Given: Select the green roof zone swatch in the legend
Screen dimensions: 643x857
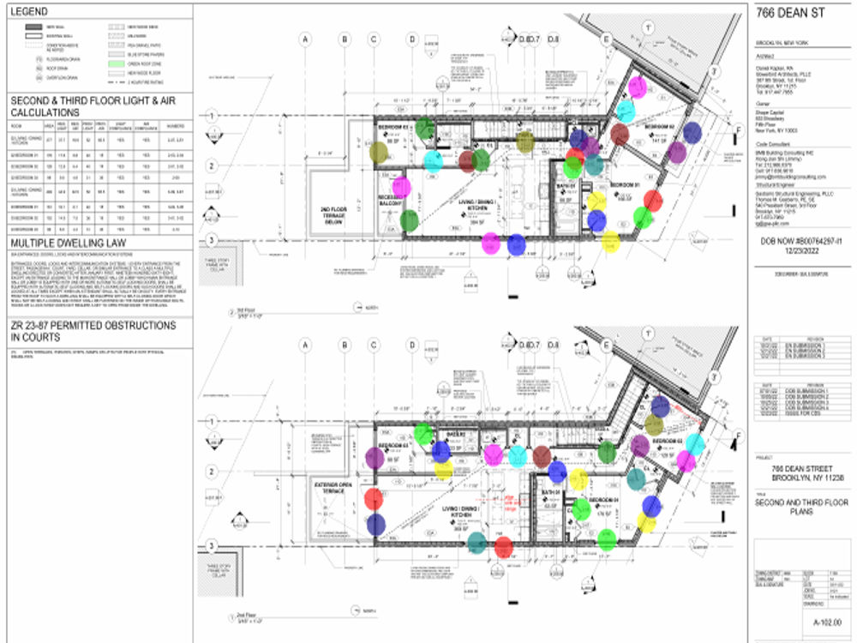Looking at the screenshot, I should click(x=115, y=63).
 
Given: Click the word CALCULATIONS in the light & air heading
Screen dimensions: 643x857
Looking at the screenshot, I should click(x=45, y=112).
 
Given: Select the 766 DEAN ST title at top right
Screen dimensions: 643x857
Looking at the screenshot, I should click(x=785, y=13).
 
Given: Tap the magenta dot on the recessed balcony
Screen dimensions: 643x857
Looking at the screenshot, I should click(x=400, y=185).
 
